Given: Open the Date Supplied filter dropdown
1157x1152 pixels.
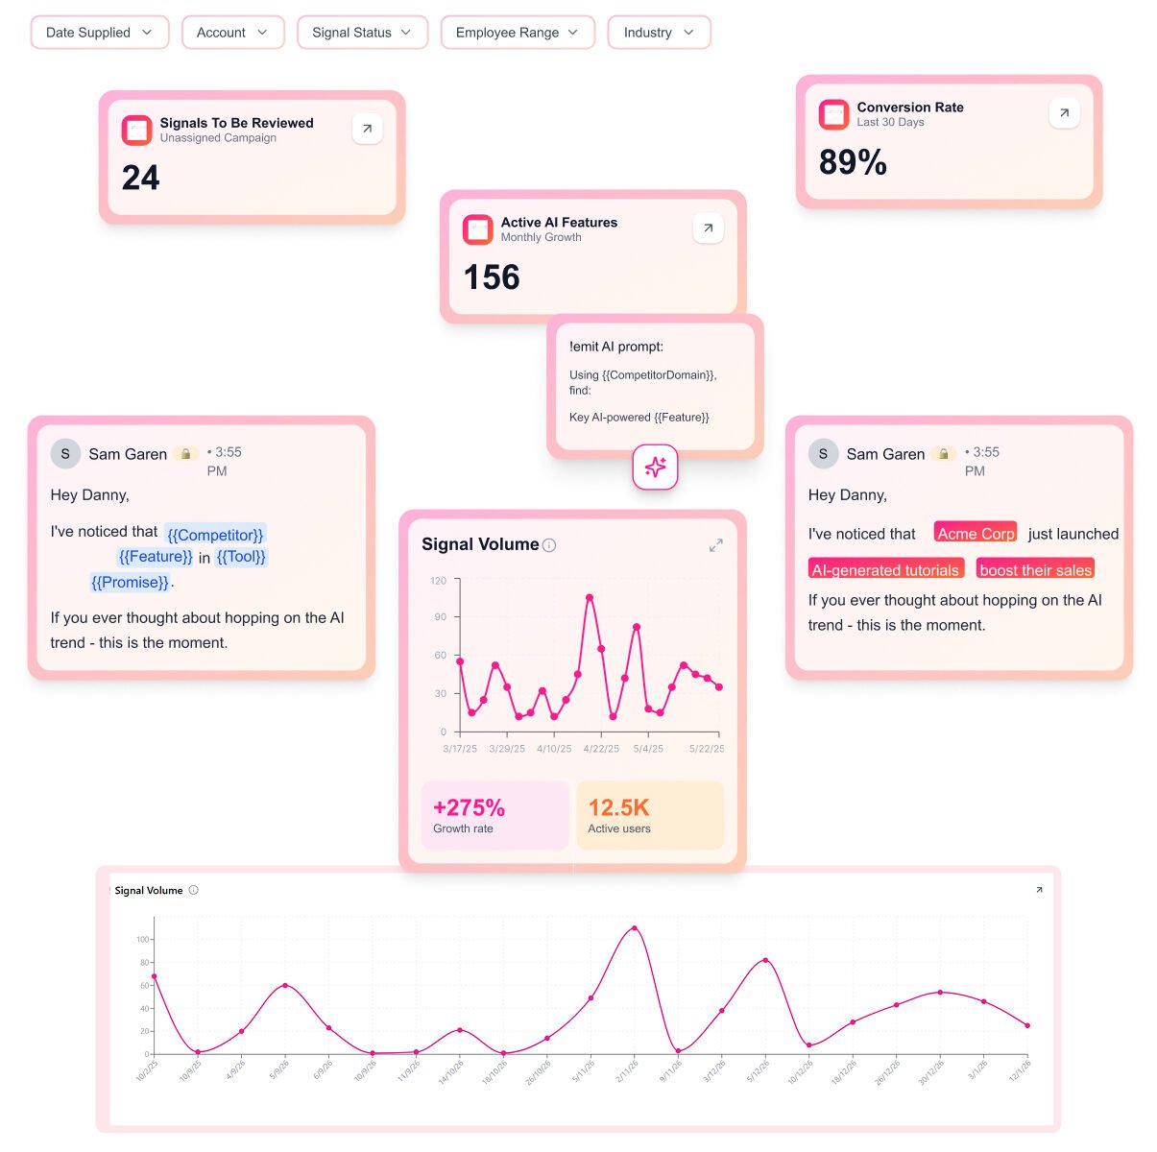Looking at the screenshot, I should [100, 33].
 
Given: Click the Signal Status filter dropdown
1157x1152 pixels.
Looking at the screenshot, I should [362, 33].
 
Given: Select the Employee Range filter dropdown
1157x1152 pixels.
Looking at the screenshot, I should [518, 33].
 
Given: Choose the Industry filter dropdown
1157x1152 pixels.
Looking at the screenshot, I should [659, 33].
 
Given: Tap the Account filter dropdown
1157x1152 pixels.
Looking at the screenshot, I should [232, 33].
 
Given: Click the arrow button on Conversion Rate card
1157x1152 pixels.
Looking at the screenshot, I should [1064, 113].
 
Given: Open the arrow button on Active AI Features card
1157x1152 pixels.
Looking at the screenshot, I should [708, 228].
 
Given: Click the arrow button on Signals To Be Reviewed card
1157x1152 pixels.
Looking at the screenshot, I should [367, 129].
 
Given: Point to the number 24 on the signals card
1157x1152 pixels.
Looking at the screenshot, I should [141, 178].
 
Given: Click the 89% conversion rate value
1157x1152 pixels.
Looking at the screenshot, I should [853, 162].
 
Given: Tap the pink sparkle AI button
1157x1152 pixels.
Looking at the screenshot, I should [655, 468].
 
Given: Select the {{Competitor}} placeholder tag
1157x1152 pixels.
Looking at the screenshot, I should [215, 535].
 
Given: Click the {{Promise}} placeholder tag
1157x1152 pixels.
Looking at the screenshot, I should [131, 582].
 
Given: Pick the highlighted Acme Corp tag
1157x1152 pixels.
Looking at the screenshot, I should [976, 534].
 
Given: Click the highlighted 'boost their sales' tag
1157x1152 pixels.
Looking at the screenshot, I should [1035, 569].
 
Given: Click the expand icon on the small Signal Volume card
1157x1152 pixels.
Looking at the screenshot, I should [715, 545].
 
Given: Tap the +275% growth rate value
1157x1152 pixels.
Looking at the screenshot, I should [469, 807].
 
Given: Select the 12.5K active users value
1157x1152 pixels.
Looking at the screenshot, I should [618, 807].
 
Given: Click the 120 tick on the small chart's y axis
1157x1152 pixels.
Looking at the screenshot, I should [439, 581].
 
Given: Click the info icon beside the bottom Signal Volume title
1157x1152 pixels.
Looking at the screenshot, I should [193, 890].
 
